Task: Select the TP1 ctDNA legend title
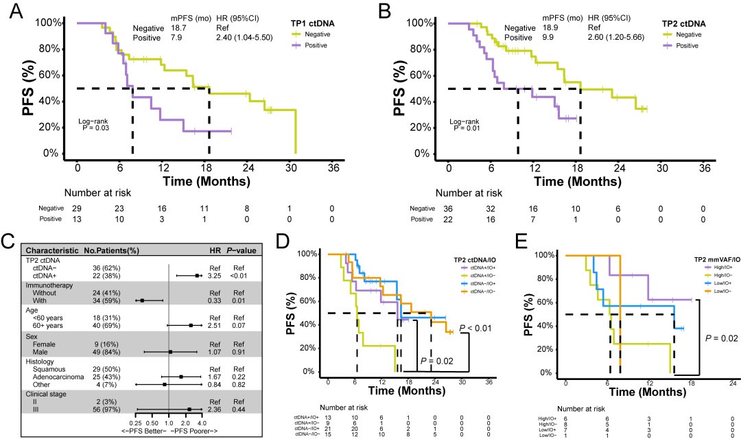pos(313,23)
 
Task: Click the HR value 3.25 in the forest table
pos(215,274)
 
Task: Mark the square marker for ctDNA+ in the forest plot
pos(197,274)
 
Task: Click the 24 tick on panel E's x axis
pos(732,382)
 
